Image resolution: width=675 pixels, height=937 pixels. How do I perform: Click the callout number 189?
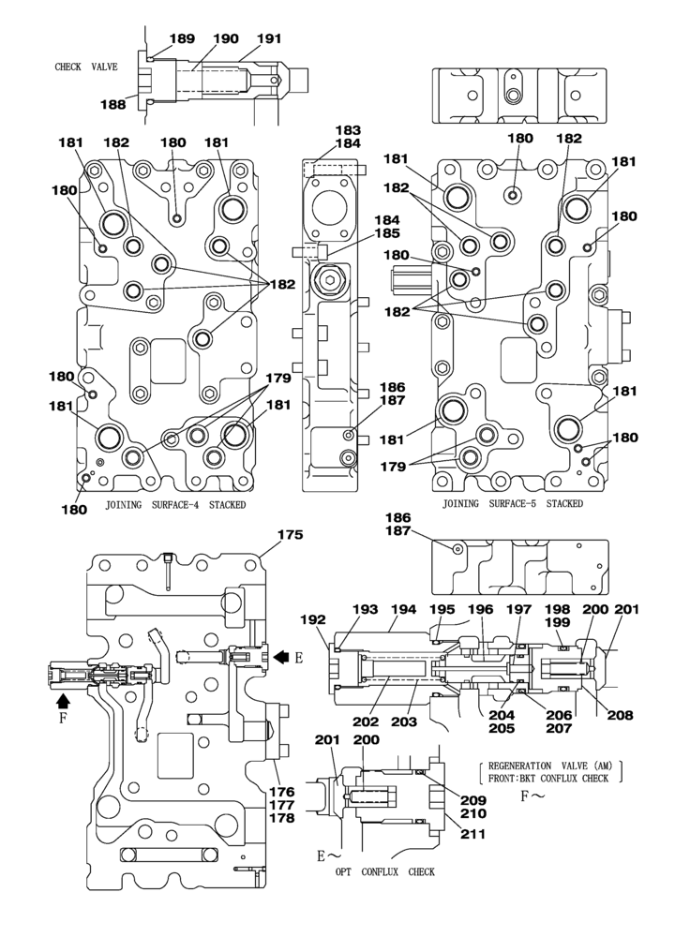pos(181,39)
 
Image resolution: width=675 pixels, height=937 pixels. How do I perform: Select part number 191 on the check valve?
pos(268,39)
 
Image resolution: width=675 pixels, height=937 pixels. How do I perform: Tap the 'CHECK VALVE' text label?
pos(86,67)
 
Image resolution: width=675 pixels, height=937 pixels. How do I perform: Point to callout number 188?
pos(112,105)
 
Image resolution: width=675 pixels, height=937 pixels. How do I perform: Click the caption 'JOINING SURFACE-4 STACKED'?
pos(175,504)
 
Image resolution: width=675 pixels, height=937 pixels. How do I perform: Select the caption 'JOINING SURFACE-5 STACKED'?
pos(513,503)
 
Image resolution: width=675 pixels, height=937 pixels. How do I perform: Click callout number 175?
pos(289,535)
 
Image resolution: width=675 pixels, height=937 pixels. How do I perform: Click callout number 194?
pos(404,610)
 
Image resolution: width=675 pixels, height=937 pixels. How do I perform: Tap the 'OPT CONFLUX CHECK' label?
pos(385,872)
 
